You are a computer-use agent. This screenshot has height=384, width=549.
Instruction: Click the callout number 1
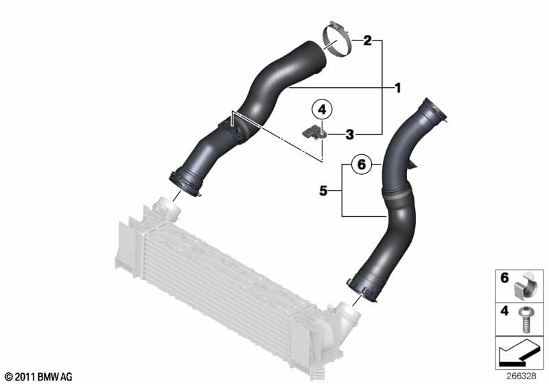click(397, 88)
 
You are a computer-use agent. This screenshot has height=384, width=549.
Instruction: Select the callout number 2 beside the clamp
click(367, 40)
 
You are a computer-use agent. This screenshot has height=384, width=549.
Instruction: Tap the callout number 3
click(350, 134)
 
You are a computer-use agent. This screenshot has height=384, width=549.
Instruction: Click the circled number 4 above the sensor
click(322, 110)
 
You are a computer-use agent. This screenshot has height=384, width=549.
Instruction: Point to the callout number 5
click(323, 191)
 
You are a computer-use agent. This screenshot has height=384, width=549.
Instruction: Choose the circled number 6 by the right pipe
click(362, 164)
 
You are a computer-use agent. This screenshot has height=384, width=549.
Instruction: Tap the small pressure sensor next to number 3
click(314, 133)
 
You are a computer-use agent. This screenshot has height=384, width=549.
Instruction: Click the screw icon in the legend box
click(525, 320)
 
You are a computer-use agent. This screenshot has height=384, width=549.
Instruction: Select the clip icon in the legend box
click(526, 286)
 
